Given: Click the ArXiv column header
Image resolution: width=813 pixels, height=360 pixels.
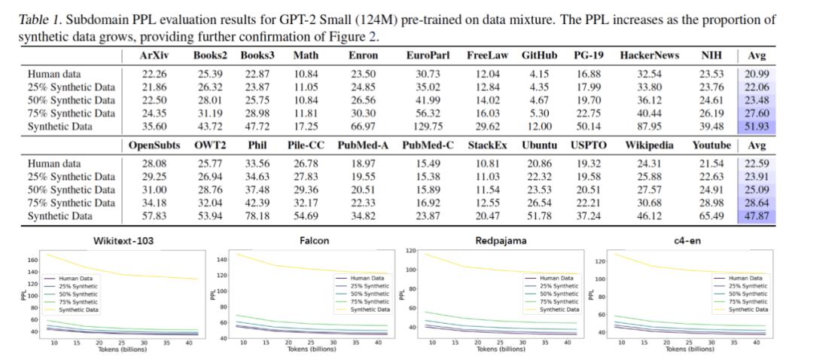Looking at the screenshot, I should (154, 55).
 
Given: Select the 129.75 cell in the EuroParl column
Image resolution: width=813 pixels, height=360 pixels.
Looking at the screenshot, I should (425, 126).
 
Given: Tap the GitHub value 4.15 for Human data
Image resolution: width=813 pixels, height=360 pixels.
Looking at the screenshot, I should (539, 74).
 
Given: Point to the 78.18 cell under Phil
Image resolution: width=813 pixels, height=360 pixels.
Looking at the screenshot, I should (257, 215).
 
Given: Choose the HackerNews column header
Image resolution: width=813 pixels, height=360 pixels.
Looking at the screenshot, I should (650, 55).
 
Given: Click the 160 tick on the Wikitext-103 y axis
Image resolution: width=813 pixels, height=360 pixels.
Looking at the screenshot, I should (32, 260).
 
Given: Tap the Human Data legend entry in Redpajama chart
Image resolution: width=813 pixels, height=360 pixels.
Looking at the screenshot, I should (556, 278).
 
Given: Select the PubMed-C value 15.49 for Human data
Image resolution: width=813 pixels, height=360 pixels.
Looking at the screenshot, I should (428, 163).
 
